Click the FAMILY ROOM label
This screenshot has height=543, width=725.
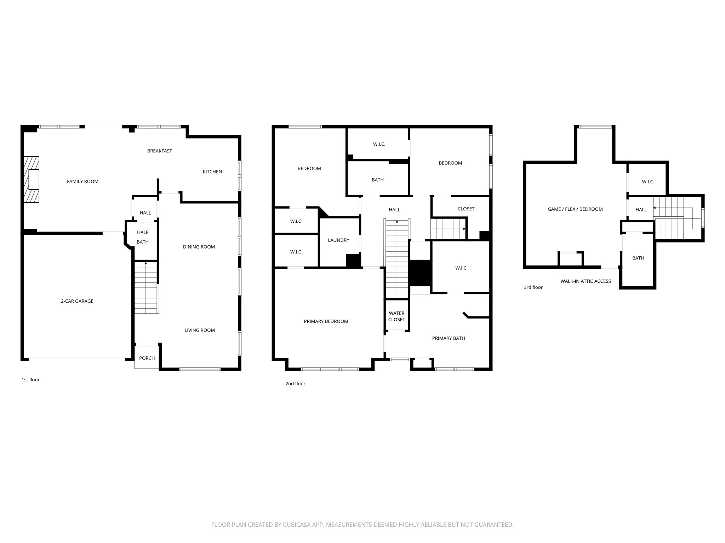[82, 181]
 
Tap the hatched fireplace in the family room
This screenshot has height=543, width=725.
[32, 180]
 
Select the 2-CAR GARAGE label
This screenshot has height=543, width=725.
[77, 301]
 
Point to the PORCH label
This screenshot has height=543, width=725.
[147, 358]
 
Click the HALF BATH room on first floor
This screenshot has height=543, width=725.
[143, 237]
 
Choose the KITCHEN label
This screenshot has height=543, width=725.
[212, 172]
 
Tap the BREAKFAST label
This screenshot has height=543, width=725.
[159, 151]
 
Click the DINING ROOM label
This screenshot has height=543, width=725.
[199, 247]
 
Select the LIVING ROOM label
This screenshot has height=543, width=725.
[199, 330]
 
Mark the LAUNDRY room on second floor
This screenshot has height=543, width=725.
[338, 240]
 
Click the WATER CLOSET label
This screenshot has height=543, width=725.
[396, 316]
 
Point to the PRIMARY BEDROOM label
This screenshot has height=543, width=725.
[326, 321]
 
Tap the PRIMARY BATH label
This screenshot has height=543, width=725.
[448, 338]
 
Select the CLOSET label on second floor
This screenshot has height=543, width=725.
[466, 209]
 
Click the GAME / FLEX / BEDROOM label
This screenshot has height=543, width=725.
[575, 209]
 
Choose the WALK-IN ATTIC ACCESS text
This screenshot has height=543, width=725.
[585, 281]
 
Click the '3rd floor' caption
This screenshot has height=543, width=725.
[533, 287]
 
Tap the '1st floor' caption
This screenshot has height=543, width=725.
[30, 380]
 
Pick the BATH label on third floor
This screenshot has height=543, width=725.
[638, 258]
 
